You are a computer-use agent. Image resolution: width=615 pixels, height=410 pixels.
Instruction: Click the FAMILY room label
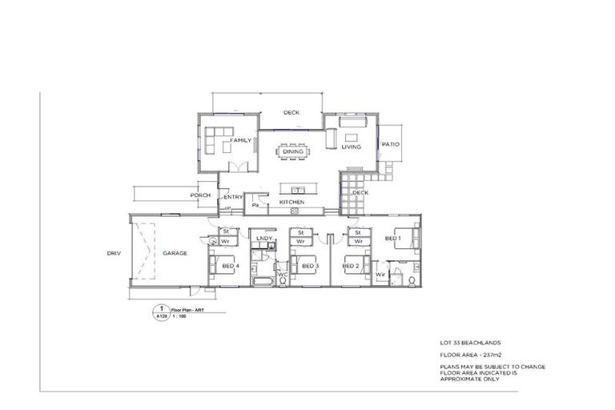point(241,140)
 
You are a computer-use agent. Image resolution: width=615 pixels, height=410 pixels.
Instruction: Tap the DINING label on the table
point(292,151)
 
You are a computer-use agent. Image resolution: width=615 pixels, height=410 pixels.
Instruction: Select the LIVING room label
point(352,147)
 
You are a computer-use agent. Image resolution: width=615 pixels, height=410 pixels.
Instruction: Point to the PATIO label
point(390,145)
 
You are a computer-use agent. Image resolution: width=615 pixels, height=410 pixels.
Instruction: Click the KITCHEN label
point(291,203)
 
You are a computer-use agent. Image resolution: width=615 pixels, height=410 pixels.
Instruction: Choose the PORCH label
point(199,195)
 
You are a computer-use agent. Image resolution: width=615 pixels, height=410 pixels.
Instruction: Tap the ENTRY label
point(233,197)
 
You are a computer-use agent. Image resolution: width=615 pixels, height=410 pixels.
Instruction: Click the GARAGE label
point(175,253)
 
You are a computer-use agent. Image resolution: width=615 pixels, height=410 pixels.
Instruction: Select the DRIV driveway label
point(113,253)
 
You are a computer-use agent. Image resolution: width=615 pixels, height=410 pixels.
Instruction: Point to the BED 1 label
point(392,239)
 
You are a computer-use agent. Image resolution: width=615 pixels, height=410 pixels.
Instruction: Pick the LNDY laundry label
point(264,239)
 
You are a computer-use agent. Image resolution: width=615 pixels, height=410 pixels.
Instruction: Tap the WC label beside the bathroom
point(282,275)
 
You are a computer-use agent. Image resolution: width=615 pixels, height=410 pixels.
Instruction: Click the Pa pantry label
point(255,205)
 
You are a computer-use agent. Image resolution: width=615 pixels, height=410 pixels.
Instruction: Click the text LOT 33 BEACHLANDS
point(472,342)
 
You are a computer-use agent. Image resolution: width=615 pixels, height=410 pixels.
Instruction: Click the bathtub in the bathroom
point(262,281)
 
